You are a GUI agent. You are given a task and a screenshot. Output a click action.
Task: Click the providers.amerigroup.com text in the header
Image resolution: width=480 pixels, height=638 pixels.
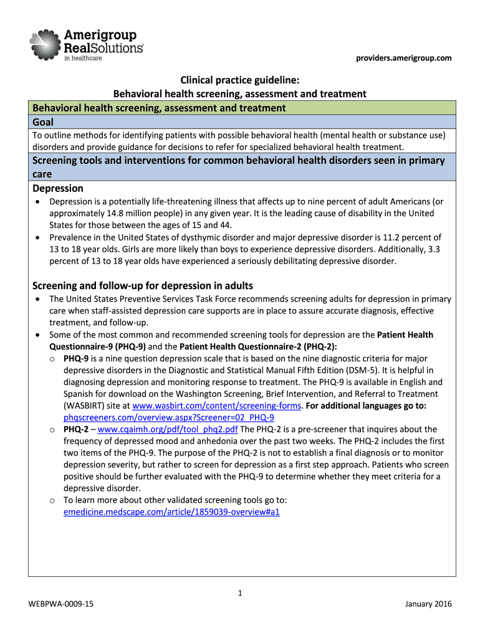coord(404,59)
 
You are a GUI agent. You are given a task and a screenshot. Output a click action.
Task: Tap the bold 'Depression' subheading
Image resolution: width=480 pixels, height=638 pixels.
coord(58,188)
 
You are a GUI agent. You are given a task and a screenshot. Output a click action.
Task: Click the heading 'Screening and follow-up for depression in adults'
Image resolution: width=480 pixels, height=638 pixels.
coord(143,285)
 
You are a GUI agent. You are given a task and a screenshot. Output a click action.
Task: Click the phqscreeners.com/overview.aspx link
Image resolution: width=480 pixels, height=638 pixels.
coord(169,417)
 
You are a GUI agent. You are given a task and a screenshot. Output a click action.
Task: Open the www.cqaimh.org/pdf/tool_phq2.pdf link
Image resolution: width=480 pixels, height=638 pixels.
coord(168,429)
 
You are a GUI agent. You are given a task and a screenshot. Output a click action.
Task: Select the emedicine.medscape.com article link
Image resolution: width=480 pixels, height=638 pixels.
coord(172,512)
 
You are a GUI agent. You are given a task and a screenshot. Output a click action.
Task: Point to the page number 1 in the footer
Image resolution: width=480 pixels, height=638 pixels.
coord(240,593)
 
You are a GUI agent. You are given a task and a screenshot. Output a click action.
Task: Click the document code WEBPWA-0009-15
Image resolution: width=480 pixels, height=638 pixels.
coord(62,604)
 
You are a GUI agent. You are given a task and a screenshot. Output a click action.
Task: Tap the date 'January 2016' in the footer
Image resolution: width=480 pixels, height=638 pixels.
coord(428,604)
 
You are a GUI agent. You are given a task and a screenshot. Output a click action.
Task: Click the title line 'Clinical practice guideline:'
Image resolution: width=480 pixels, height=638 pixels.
coord(239,81)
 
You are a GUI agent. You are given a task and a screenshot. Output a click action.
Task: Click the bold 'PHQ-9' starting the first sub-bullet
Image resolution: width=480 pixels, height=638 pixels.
coord(77,358)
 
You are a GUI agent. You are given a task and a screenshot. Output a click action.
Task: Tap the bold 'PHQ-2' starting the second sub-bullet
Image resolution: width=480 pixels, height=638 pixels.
coord(77,429)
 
